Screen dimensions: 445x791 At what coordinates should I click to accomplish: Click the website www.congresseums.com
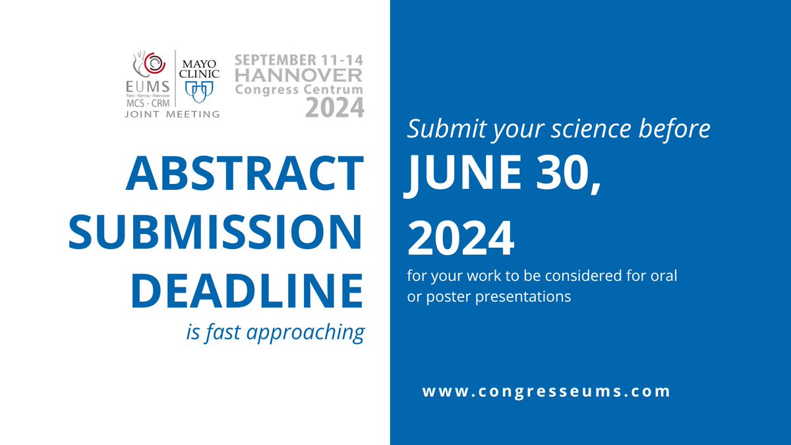click(x=546, y=391)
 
